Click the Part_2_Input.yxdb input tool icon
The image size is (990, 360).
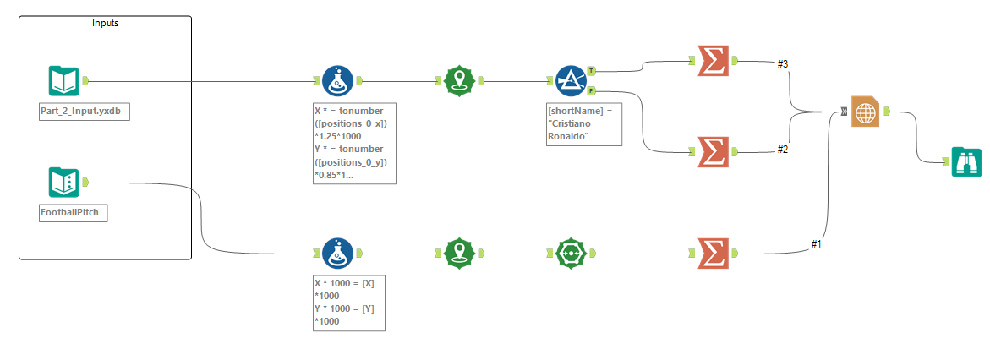(63, 81)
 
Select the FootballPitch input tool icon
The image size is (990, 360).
(63, 182)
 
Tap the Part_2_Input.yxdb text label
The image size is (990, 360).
(85, 112)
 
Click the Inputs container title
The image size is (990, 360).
(105, 24)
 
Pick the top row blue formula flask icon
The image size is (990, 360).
(337, 81)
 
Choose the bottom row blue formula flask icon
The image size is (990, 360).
(337, 253)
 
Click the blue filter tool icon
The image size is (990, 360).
(572, 81)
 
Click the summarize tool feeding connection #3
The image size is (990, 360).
(713, 61)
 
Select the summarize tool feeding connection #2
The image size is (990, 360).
(713, 152)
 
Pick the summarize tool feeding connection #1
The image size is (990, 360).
(713, 253)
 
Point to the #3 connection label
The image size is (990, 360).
(783, 63)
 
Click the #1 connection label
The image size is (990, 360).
(816, 244)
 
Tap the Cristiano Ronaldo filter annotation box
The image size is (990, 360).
(584, 124)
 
